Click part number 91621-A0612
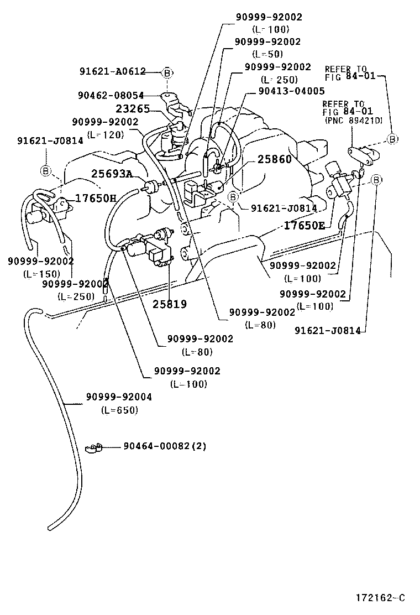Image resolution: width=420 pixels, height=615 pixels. pyautogui.click(x=112, y=71)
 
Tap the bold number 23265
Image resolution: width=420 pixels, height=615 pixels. pyautogui.click(x=133, y=109)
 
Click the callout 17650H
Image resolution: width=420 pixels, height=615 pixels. pyautogui.click(x=96, y=198)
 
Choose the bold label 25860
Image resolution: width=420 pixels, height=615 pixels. pyautogui.click(x=274, y=160)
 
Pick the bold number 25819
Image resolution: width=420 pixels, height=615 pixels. pyautogui.click(x=170, y=304)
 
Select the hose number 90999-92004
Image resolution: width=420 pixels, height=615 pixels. pyautogui.click(x=119, y=397)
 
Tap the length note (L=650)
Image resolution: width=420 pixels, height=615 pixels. pyautogui.click(x=119, y=410)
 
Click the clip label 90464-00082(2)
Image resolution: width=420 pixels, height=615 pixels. pyautogui.click(x=164, y=446)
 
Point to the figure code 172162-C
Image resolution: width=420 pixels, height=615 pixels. pyautogui.click(x=381, y=598)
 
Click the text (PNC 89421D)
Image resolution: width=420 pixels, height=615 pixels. pyautogui.click(x=354, y=119)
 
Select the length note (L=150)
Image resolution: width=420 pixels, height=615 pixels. pyautogui.click(x=41, y=274)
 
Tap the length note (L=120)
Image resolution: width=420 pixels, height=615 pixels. pyautogui.click(x=105, y=134)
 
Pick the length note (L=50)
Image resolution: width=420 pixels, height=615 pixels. pyautogui.click(x=267, y=54)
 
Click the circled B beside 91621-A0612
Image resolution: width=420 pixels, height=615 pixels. pyautogui.click(x=167, y=72)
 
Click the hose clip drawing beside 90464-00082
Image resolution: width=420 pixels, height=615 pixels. pyautogui.click(x=95, y=447)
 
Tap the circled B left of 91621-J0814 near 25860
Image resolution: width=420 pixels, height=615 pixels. pyautogui.click(x=233, y=197)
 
